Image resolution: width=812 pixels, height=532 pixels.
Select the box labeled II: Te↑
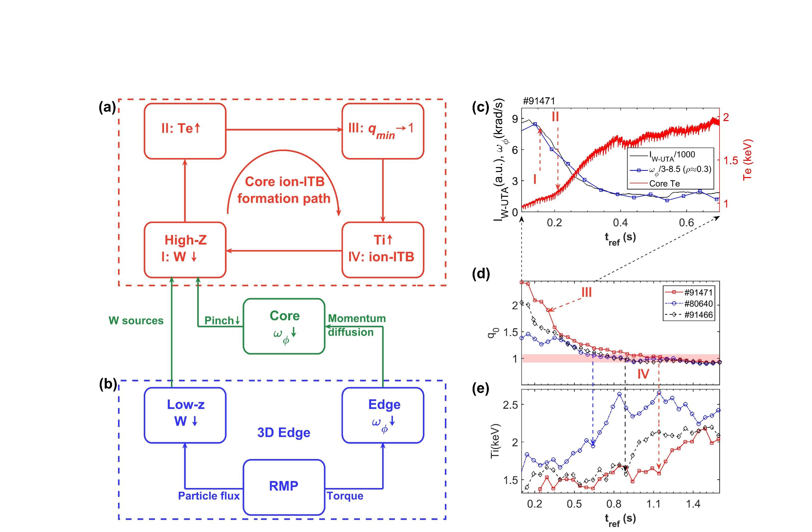click(185, 131)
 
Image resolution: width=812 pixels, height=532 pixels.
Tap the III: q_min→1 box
click(383, 131)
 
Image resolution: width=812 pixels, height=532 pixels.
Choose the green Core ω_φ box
click(284, 326)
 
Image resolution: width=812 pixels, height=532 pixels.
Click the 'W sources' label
click(136, 321)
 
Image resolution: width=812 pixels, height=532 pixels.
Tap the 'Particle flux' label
click(209, 495)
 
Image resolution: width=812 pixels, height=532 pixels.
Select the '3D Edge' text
click(284, 432)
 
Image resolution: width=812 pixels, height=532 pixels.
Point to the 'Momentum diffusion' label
click(357, 325)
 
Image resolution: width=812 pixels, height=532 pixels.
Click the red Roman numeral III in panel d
click(586, 292)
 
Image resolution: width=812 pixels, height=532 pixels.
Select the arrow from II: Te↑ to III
click(284, 130)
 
